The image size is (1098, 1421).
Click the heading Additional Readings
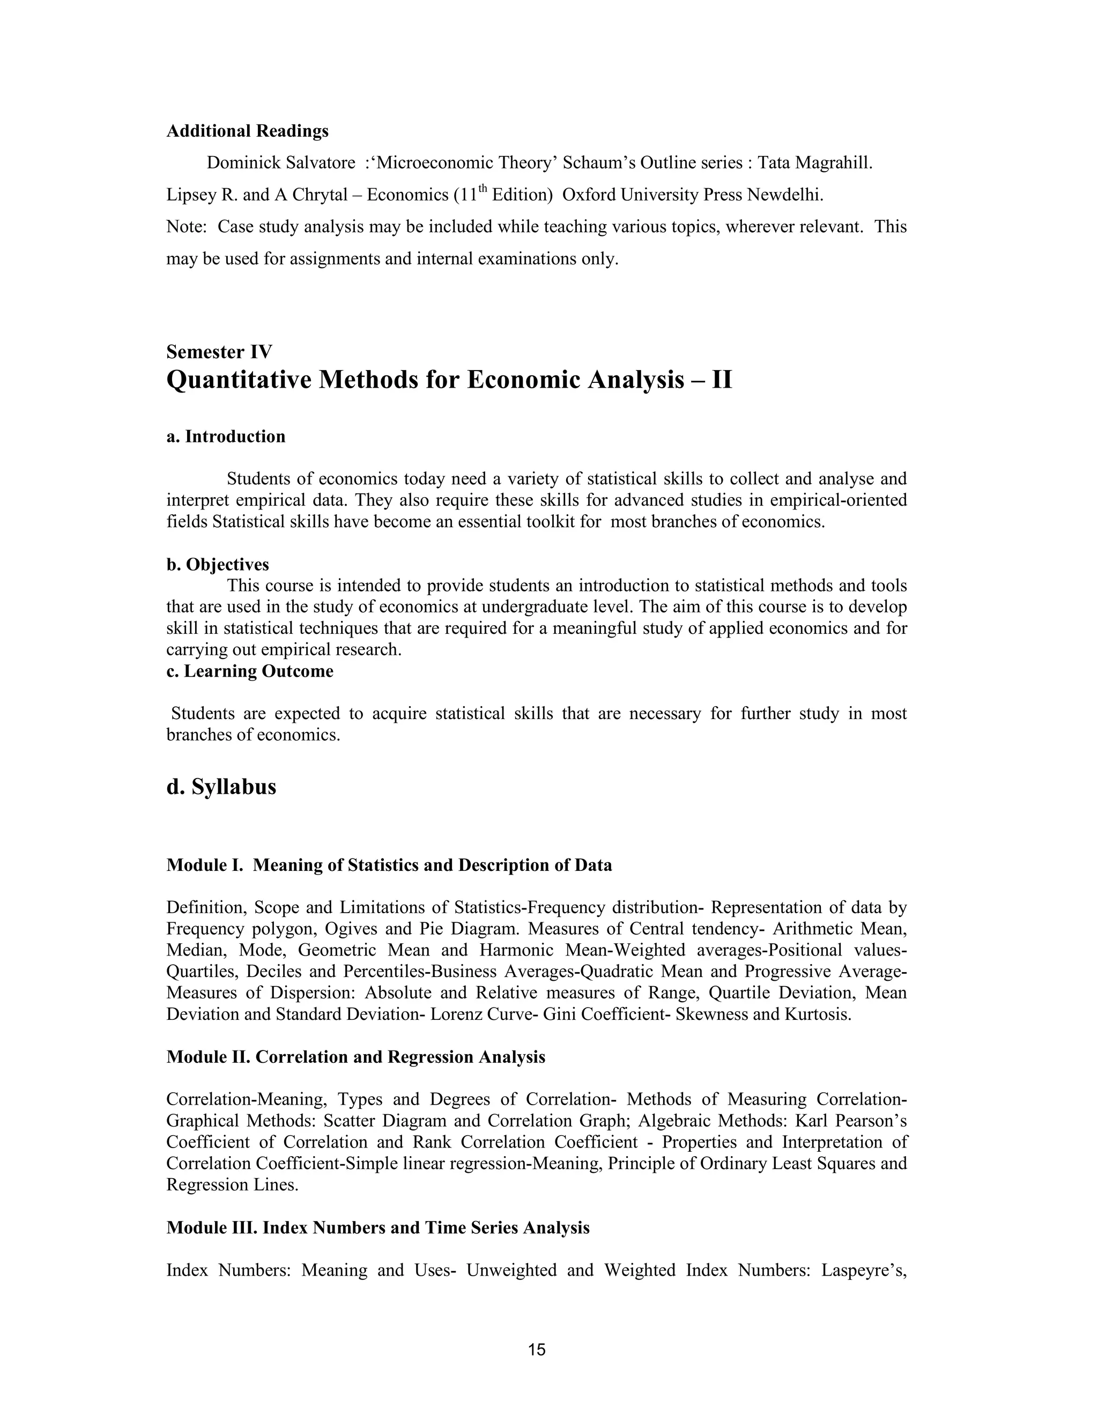pos(247,131)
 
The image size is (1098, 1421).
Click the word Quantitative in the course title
pos(238,380)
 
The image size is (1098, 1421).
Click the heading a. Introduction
pos(226,436)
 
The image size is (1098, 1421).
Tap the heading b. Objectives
pos(218,565)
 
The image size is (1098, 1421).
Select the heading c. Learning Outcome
pos(250,671)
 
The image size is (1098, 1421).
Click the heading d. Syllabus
pos(221,787)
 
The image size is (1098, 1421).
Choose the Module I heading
pos(389,865)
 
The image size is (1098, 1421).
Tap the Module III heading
pos(378,1228)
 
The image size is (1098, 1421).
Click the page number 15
pos(537,1350)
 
